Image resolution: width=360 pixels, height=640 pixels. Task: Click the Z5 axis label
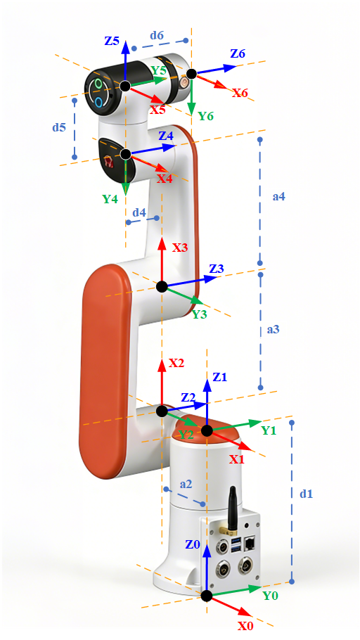coord(112,41)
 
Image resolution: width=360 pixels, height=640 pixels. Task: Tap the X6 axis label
coord(240,93)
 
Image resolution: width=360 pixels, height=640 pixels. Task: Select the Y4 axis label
coord(110,199)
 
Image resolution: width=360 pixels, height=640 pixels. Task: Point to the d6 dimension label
coord(157,35)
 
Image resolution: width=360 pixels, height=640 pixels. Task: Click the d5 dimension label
coord(59,127)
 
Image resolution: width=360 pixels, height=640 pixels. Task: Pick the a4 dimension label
coord(278,197)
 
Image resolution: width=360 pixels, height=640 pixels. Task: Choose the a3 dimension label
coord(273,329)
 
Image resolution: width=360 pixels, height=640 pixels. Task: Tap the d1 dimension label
coord(306,494)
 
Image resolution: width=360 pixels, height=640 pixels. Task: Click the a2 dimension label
coord(186,484)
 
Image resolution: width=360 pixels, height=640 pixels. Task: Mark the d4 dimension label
coord(139,212)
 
